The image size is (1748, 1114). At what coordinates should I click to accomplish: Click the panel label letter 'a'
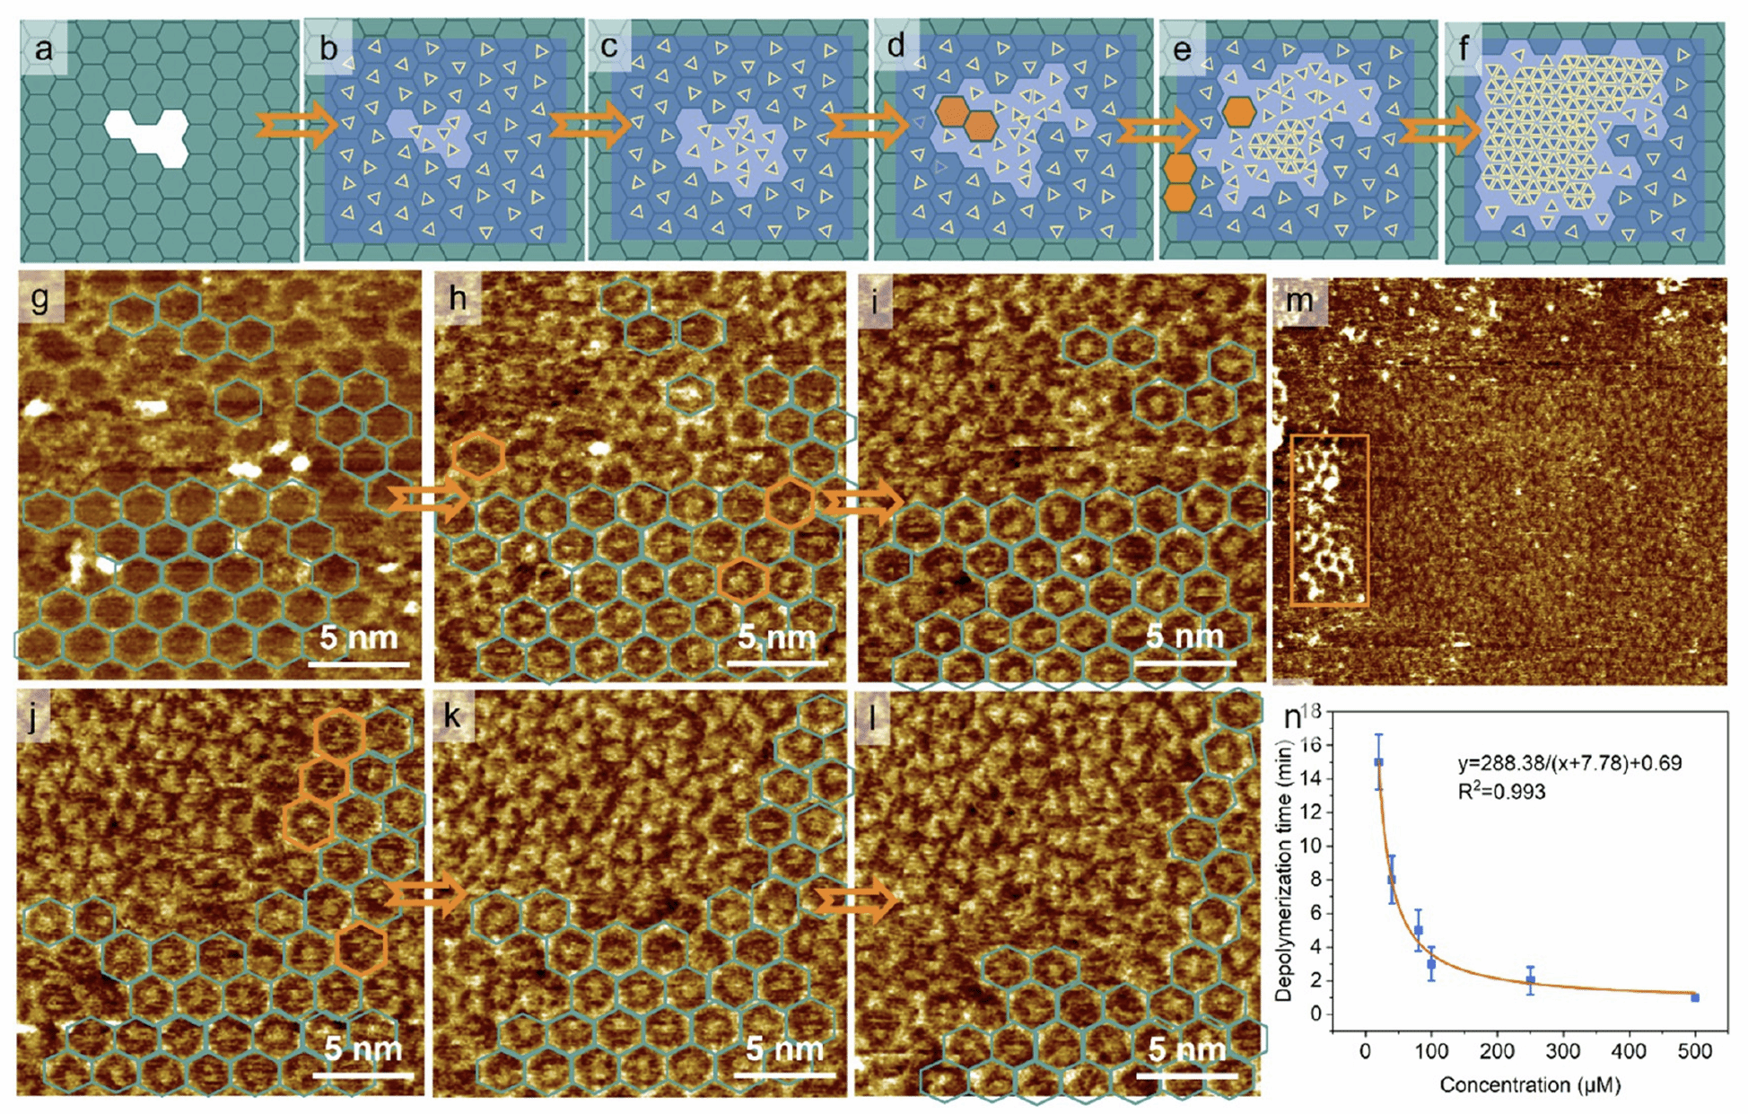click(42, 48)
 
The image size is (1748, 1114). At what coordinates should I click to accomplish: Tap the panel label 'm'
click(1298, 300)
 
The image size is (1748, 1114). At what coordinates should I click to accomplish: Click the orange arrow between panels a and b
click(295, 126)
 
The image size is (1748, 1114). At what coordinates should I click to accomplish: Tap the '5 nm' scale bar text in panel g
click(358, 637)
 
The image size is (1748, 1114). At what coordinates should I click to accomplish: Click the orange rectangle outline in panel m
click(1329, 521)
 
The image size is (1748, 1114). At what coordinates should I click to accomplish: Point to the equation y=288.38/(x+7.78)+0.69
click(1569, 763)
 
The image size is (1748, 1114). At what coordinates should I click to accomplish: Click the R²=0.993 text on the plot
click(1500, 792)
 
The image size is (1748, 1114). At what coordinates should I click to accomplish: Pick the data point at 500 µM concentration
click(1694, 997)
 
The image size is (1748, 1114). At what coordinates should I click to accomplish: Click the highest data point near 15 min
click(1378, 762)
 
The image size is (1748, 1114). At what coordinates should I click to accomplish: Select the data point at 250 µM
click(1530, 980)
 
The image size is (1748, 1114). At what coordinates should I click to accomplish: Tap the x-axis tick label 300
click(1563, 1051)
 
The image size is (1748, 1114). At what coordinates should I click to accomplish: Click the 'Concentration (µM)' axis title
click(1529, 1085)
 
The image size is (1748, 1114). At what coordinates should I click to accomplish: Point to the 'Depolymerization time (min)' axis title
click(1284, 871)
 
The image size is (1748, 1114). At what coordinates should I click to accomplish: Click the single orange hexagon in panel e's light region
click(1239, 111)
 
